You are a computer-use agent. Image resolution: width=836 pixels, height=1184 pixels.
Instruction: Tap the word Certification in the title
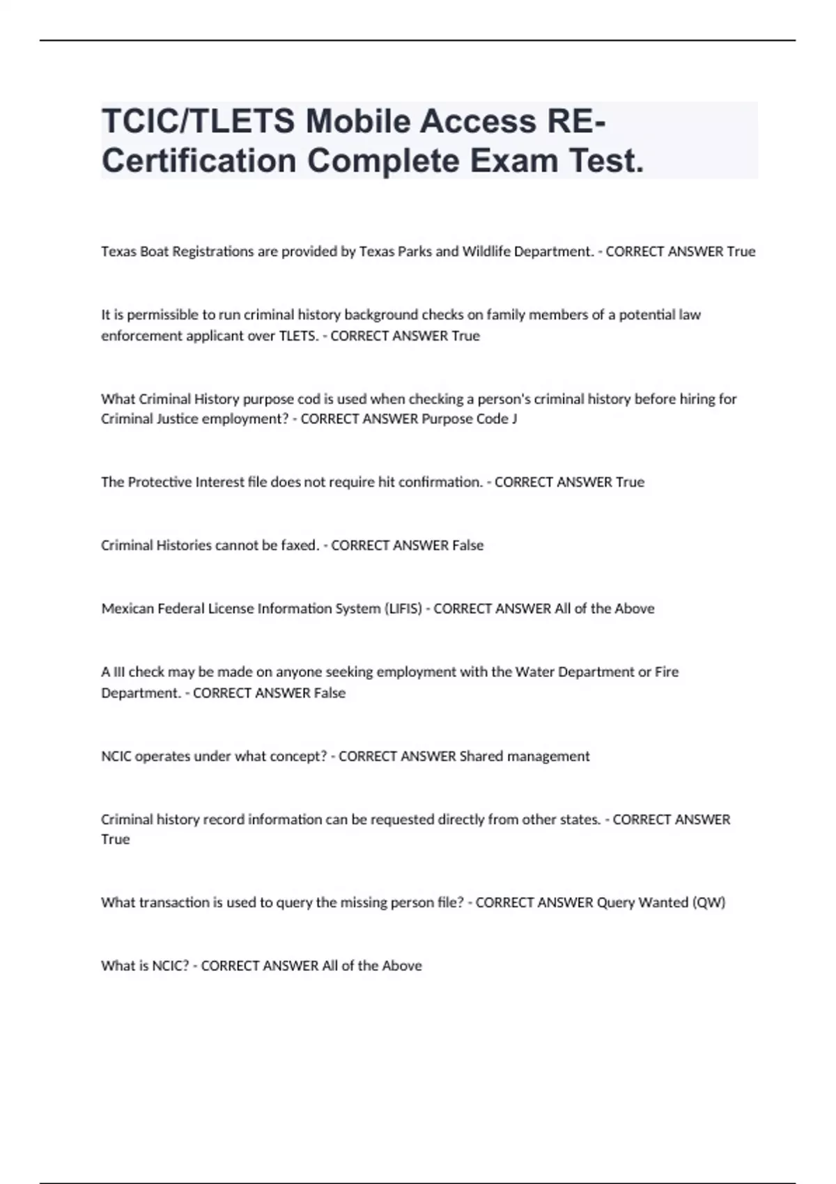199,162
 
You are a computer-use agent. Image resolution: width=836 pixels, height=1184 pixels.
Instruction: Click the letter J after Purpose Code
514,419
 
